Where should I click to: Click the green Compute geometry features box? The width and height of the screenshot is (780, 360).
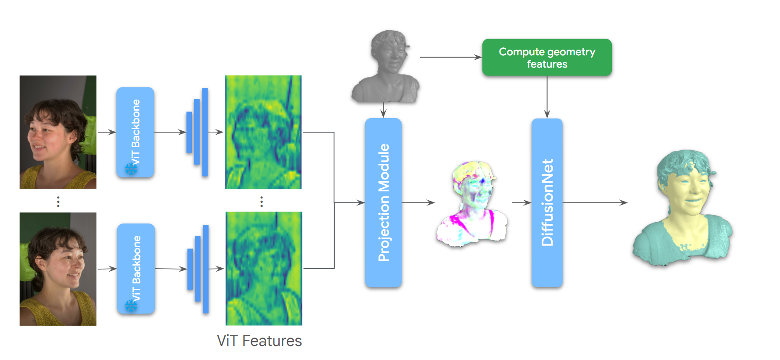[546, 58]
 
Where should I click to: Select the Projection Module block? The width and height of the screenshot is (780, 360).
[383, 202]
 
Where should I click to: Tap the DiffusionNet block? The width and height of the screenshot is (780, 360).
[546, 202]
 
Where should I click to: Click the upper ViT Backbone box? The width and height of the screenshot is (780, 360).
[135, 132]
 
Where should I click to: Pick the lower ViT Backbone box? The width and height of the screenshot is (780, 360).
[136, 268]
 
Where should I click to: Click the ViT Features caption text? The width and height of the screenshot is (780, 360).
[259, 341]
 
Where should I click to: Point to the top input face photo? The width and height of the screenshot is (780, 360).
[58, 132]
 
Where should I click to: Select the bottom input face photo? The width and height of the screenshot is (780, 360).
[58, 269]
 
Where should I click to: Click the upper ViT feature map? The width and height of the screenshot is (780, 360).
[263, 132]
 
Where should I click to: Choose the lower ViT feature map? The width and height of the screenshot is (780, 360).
[264, 268]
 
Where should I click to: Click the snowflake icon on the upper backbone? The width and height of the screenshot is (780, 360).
[131, 169]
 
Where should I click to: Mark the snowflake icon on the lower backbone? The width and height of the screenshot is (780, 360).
[131, 306]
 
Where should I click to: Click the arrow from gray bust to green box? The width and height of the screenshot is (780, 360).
[450, 57]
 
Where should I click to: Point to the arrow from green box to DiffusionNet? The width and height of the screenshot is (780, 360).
[547, 97]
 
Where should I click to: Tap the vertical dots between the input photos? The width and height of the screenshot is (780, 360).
[58, 202]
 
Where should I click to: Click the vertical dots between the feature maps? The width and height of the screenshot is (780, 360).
[262, 202]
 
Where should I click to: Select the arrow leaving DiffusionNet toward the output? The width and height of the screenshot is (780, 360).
[595, 202]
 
